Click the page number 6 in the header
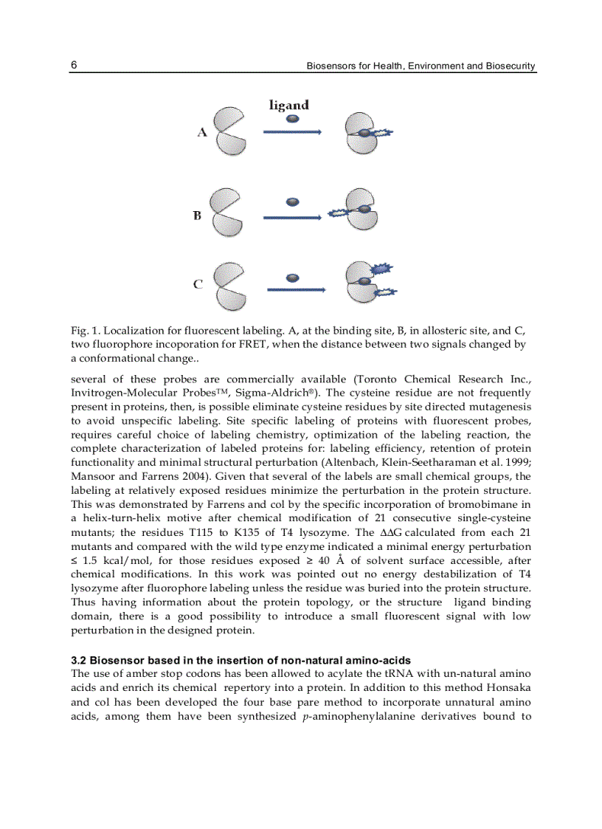[75, 65]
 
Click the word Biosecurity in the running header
[511, 66]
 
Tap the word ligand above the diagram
[288, 105]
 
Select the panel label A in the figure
[201, 132]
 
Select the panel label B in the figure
[198, 216]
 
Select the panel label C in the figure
[198, 284]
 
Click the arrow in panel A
[292, 131]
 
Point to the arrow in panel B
[292, 216]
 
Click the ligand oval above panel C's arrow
[293, 277]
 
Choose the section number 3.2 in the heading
[79, 660]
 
